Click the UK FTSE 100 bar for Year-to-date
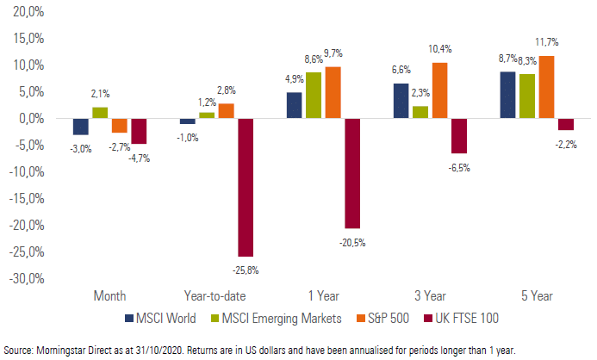(246, 187)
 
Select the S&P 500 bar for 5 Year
(547, 87)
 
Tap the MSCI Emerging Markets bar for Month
(100, 113)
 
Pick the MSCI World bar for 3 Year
(401, 101)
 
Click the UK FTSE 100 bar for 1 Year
(352, 173)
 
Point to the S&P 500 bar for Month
(120, 126)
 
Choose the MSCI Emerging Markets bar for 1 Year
(314, 96)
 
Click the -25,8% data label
(246, 270)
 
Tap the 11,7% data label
(547, 42)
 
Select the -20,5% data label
(352, 243)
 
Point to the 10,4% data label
(439, 49)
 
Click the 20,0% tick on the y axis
(28, 12)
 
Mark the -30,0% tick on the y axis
(27, 278)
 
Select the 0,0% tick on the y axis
(31, 118)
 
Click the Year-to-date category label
(215, 296)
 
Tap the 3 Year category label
(430, 295)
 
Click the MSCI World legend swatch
(129, 318)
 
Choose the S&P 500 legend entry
(382, 318)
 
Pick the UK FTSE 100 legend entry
(461, 318)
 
